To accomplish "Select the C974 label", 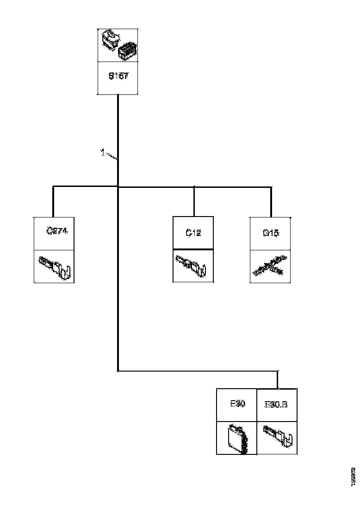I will pyautogui.click(x=58, y=231).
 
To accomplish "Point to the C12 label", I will pyautogui.click(x=193, y=233).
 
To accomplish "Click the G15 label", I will pyautogui.click(x=270, y=233).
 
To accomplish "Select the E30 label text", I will pyautogui.click(x=237, y=403).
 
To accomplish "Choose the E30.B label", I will pyautogui.click(x=276, y=404).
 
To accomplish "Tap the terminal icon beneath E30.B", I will pyautogui.click(x=277, y=436).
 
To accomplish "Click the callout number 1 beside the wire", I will pyautogui.click(x=102, y=151).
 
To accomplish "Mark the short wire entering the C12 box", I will pyautogui.click(x=194, y=202).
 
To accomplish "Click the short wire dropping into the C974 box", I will pyautogui.click(x=54, y=202).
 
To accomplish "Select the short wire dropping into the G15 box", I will pyautogui.click(x=271, y=202).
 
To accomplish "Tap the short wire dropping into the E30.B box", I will pyautogui.click(x=277, y=380).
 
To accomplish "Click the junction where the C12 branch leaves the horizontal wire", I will pyautogui.click(x=194, y=187).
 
